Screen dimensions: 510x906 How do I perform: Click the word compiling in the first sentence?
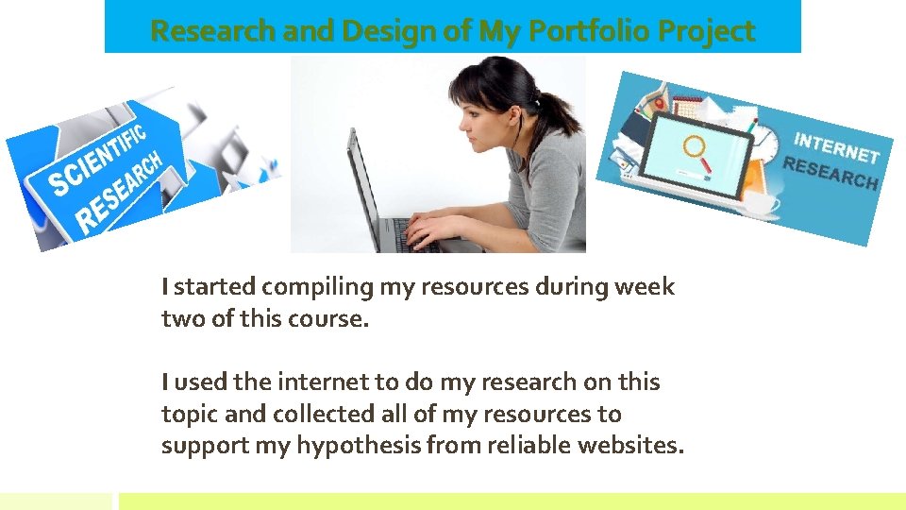[318, 287]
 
